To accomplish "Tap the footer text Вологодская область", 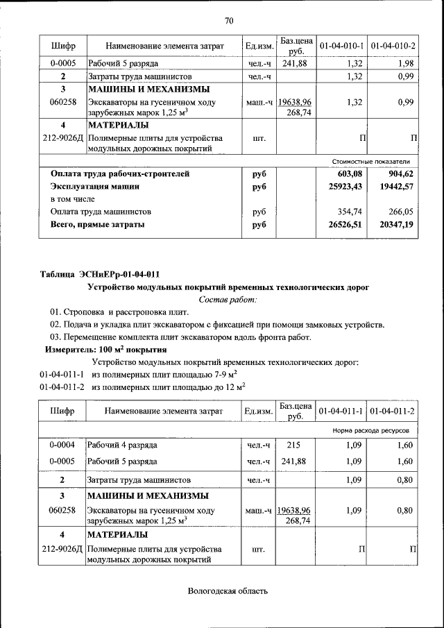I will tap(227, 591).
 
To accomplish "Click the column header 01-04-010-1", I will tap(342, 46).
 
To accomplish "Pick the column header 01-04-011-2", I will tap(393, 411).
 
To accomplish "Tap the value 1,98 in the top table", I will tap(405, 64).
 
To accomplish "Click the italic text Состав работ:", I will tap(228, 299).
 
